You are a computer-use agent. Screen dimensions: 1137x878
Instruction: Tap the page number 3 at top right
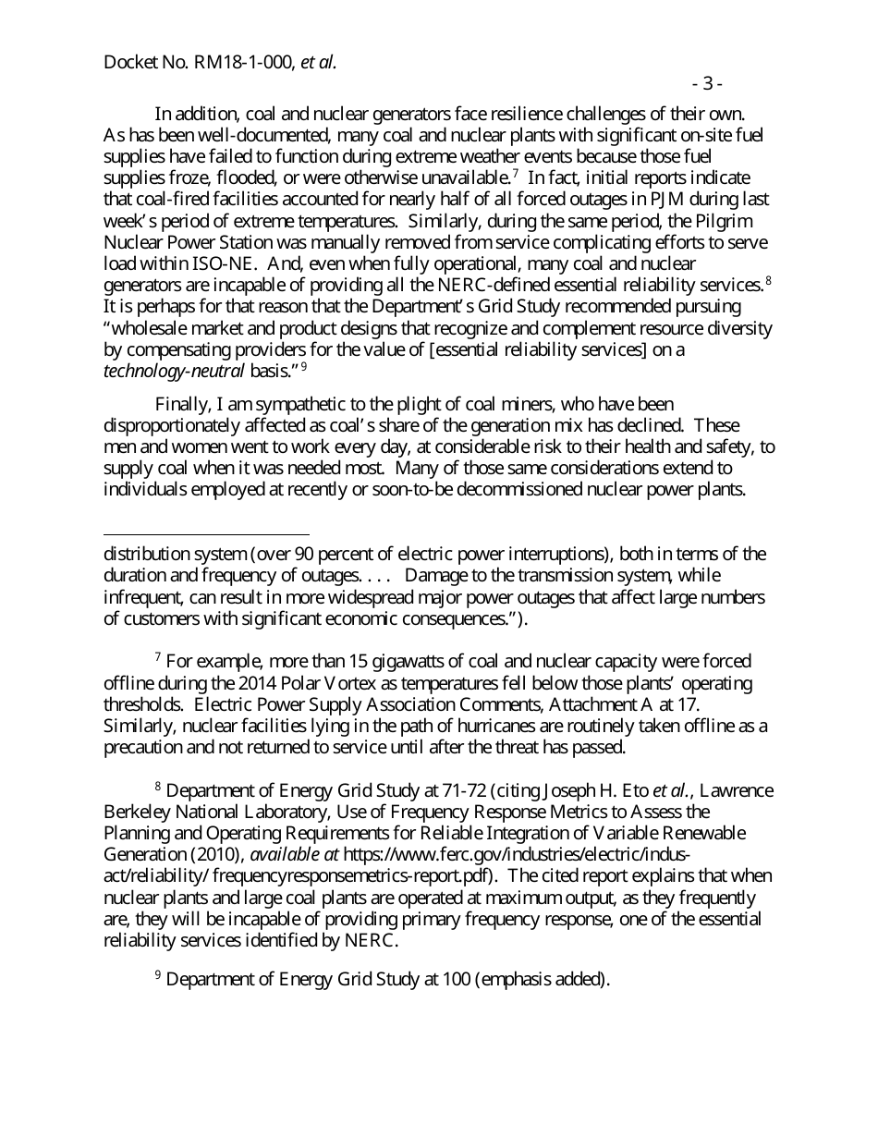click(x=708, y=84)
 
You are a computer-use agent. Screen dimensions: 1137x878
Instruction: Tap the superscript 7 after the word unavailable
click(x=516, y=173)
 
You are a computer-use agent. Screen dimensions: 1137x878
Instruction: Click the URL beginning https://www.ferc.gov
click(x=517, y=854)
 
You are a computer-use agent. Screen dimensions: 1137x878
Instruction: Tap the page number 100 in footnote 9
click(x=456, y=980)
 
